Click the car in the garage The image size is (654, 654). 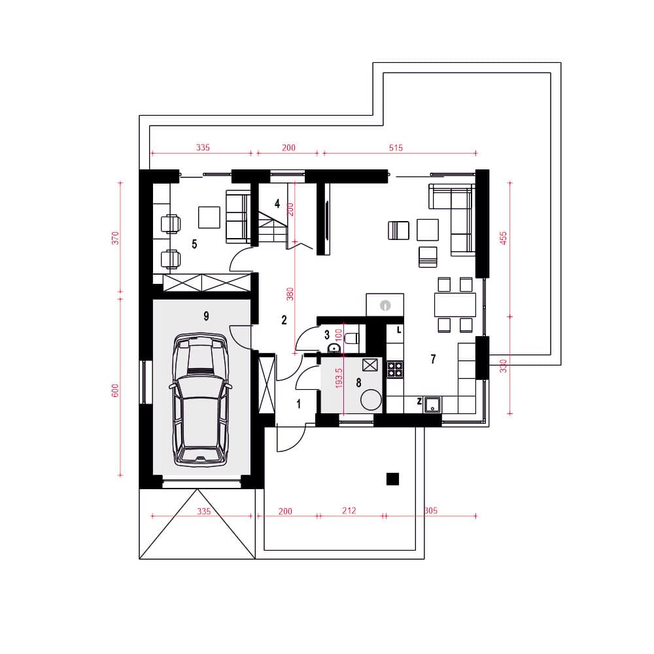tap(201, 400)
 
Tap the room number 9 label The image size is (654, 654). tap(206, 316)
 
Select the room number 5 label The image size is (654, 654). tap(194, 244)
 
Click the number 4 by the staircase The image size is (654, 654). tap(277, 204)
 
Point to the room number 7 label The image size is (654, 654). tap(434, 358)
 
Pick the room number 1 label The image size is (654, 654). tap(299, 404)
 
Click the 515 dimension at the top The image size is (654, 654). tap(396, 148)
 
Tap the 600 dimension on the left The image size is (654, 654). tap(116, 390)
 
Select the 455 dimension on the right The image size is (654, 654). tap(503, 238)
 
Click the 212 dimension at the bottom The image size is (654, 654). tap(349, 511)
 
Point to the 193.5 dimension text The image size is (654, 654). tap(339, 378)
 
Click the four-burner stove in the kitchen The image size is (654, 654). tap(395, 369)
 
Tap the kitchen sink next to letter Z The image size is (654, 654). tap(432, 405)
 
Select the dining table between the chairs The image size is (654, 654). tap(455, 305)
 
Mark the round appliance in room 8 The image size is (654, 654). tap(371, 400)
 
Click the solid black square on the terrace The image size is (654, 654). tap(392, 479)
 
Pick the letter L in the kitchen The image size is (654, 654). tap(399, 330)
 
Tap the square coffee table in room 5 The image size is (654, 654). tap(209, 217)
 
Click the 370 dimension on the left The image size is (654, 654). tap(116, 238)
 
